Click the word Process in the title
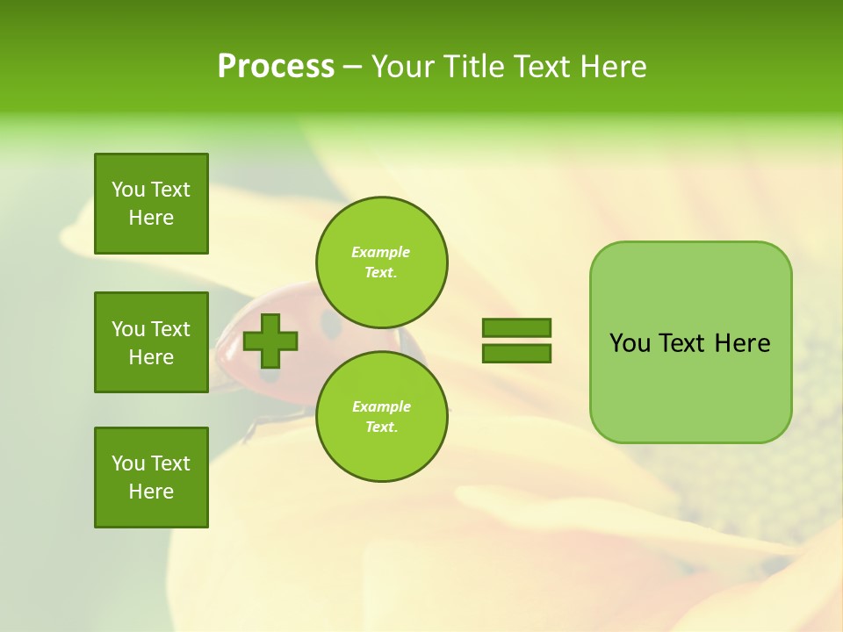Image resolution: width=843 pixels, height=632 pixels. tap(276, 67)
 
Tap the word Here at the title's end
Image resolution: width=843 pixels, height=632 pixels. tap(614, 67)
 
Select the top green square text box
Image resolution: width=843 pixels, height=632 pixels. tap(151, 204)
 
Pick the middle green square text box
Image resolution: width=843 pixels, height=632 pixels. tap(151, 342)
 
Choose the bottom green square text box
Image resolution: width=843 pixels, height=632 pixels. tap(151, 478)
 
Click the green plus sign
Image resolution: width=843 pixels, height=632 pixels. tap(270, 341)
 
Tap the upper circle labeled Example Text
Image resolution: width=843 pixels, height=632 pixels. tap(381, 262)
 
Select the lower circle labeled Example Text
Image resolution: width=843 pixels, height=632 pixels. tap(381, 417)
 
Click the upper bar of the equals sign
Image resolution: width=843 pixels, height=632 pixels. tap(516, 327)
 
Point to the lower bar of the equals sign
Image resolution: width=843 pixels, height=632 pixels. tap(516, 353)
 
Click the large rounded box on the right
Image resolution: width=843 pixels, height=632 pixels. tap(690, 386)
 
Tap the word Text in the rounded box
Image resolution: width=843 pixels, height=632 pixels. tap(683, 343)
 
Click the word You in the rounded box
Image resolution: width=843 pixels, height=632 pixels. tap(630, 343)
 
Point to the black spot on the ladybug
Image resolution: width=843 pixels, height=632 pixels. tap(331, 325)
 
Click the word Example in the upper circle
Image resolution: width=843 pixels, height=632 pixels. tap(381, 252)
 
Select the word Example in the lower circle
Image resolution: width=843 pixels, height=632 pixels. tap(381, 406)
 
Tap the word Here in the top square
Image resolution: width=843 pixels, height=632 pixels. tap(151, 218)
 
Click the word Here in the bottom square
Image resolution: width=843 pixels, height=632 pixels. tap(151, 492)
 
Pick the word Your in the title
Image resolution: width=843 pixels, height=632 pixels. tap(402, 67)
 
